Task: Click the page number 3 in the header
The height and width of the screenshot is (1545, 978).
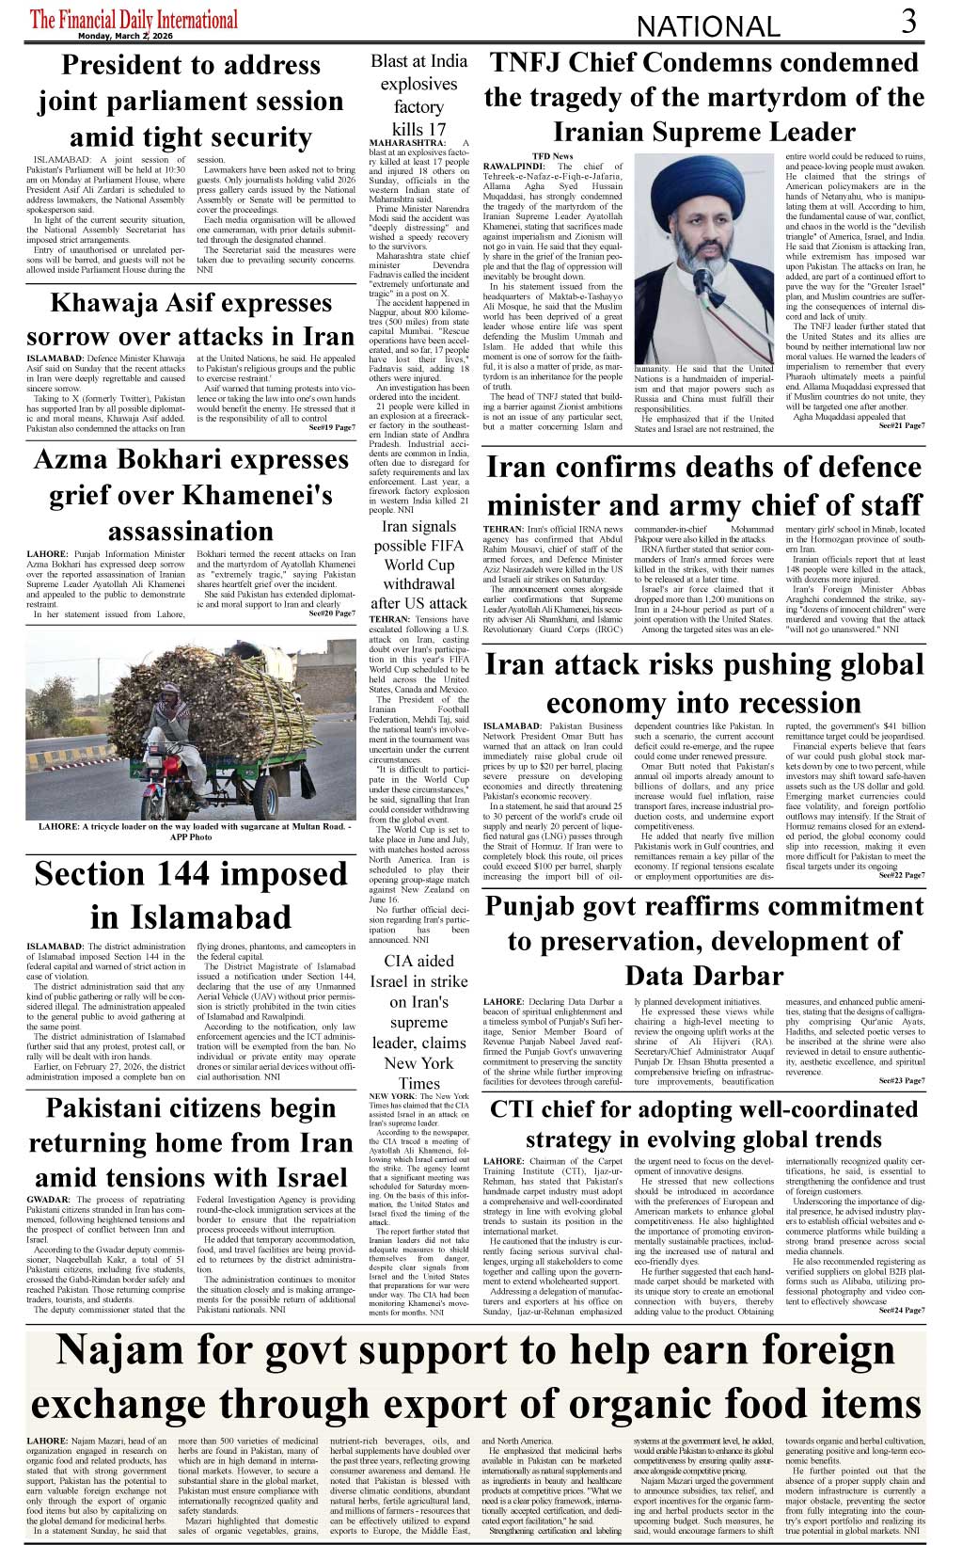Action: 907,21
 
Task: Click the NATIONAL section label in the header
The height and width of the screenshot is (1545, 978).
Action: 708,26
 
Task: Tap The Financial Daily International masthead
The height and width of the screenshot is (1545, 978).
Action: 134,20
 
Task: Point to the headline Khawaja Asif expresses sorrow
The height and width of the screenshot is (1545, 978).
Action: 190,319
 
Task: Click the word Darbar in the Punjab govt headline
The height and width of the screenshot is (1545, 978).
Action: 730,975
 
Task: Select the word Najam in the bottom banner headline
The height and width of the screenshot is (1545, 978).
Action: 119,1350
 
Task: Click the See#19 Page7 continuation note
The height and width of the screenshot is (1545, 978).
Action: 331,428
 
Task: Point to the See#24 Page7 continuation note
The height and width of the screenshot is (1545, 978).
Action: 900,1310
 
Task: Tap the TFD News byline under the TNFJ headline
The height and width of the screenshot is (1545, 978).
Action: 552,156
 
